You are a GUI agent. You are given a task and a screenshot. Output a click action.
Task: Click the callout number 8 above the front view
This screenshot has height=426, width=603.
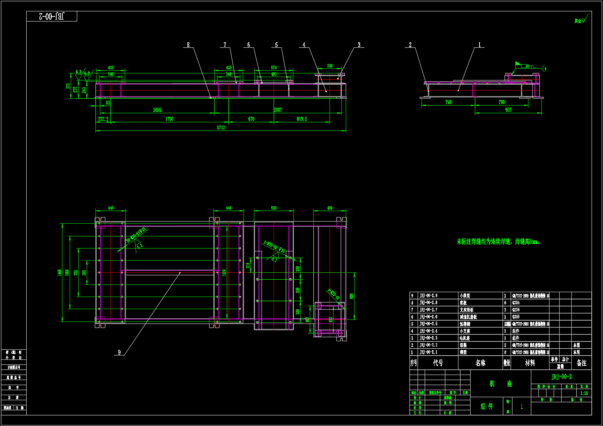click(188, 45)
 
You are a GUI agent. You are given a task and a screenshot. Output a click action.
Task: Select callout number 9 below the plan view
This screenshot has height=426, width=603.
click(119, 352)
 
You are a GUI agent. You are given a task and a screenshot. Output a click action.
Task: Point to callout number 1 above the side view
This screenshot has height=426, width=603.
click(480, 45)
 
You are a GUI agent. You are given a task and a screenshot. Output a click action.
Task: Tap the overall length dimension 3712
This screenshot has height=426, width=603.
click(221, 128)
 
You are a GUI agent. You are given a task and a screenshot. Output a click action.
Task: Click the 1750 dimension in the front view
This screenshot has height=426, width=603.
click(169, 119)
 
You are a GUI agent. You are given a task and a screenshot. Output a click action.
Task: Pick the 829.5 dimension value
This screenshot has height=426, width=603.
click(302, 119)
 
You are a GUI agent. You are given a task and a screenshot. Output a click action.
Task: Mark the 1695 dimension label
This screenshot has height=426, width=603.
click(157, 110)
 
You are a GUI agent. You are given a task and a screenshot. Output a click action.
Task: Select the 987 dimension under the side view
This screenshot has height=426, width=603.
click(508, 110)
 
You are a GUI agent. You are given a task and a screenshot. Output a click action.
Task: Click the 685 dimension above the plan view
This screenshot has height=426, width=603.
click(274, 208)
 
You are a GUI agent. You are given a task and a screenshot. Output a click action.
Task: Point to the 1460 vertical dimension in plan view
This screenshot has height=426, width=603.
click(59, 272)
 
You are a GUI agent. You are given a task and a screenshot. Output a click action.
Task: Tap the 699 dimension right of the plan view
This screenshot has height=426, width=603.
click(351, 296)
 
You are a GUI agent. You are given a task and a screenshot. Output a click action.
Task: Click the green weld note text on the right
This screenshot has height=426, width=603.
click(498, 241)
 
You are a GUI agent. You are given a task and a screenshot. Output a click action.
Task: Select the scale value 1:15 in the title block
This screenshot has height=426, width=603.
click(584, 393)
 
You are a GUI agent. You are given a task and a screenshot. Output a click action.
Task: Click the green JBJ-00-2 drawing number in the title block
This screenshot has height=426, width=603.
click(561, 377)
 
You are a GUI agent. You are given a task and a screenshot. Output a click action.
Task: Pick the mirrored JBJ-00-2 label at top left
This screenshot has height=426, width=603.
click(51, 16)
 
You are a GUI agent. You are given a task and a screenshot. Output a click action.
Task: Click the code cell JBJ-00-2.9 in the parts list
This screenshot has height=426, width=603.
click(428, 296)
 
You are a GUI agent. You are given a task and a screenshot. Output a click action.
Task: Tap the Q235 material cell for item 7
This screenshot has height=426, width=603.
click(516, 310)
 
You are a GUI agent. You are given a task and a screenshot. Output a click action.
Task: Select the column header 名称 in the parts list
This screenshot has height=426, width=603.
click(480, 363)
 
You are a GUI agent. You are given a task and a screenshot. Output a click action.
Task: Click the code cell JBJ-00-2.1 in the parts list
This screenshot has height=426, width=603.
click(428, 352)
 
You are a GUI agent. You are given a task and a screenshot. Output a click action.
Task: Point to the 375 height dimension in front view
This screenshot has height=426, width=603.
click(68, 86)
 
